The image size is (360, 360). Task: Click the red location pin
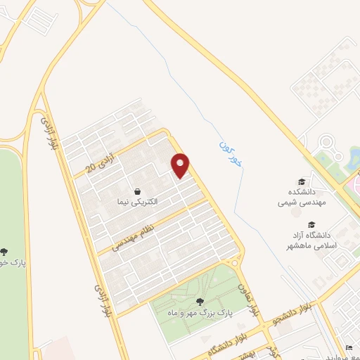[x=181, y=165]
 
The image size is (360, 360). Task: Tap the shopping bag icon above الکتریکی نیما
[x=136, y=190]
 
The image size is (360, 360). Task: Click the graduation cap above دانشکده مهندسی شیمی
[x=302, y=181]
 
